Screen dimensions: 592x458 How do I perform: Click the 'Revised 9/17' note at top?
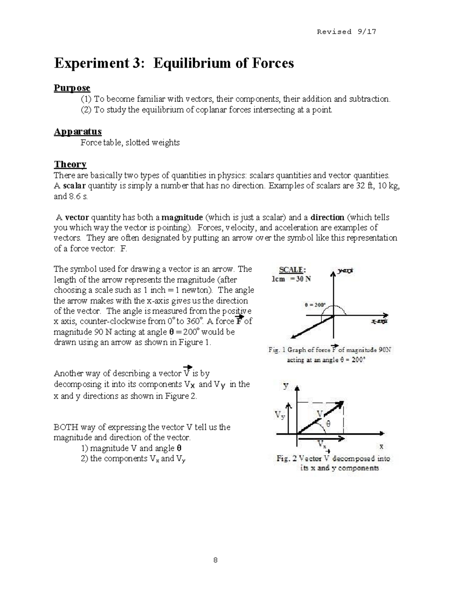point(346,32)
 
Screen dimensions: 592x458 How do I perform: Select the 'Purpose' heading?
point(72,88)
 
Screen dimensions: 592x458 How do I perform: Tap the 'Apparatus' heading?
point(77,132)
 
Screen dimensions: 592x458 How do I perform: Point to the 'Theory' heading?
point(70,165)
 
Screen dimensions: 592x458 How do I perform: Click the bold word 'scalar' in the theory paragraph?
point(75,186)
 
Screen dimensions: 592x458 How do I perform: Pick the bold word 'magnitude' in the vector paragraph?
point(182,218)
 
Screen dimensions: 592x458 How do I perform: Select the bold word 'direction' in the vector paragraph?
point(327,218)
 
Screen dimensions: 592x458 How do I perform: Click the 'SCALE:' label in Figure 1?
point(292,270)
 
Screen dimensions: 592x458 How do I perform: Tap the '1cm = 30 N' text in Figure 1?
point(291,279)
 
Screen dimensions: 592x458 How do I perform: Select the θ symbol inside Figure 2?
point(328,423)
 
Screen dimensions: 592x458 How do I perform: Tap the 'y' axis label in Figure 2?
point(285,385)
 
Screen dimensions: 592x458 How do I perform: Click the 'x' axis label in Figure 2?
point(381,446)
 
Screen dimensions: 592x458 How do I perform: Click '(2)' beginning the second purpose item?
point(86,111)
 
